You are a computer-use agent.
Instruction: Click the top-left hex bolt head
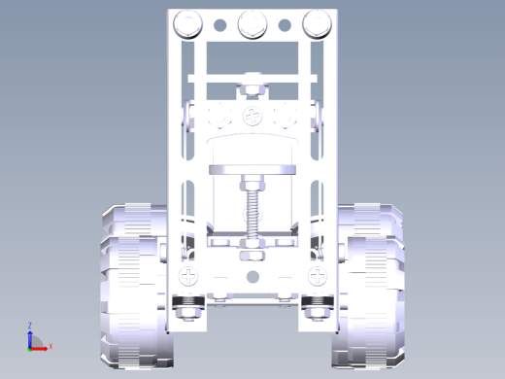(x=187, y=24)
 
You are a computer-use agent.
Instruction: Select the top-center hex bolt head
(x=252, y=24)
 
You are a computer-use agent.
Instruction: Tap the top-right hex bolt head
(x=318, y=24)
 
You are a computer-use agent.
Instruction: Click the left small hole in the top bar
(x=220, y=25)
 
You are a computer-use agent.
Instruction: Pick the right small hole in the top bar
(x=285, y=25)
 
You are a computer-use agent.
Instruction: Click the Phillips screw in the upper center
(x=252, y=116)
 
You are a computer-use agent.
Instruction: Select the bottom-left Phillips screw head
(x=188, y=276)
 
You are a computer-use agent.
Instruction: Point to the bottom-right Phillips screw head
(x=318, y=276)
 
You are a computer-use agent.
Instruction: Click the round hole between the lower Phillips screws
(x=252, y=277)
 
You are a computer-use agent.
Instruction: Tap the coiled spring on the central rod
(x=252, y=214)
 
